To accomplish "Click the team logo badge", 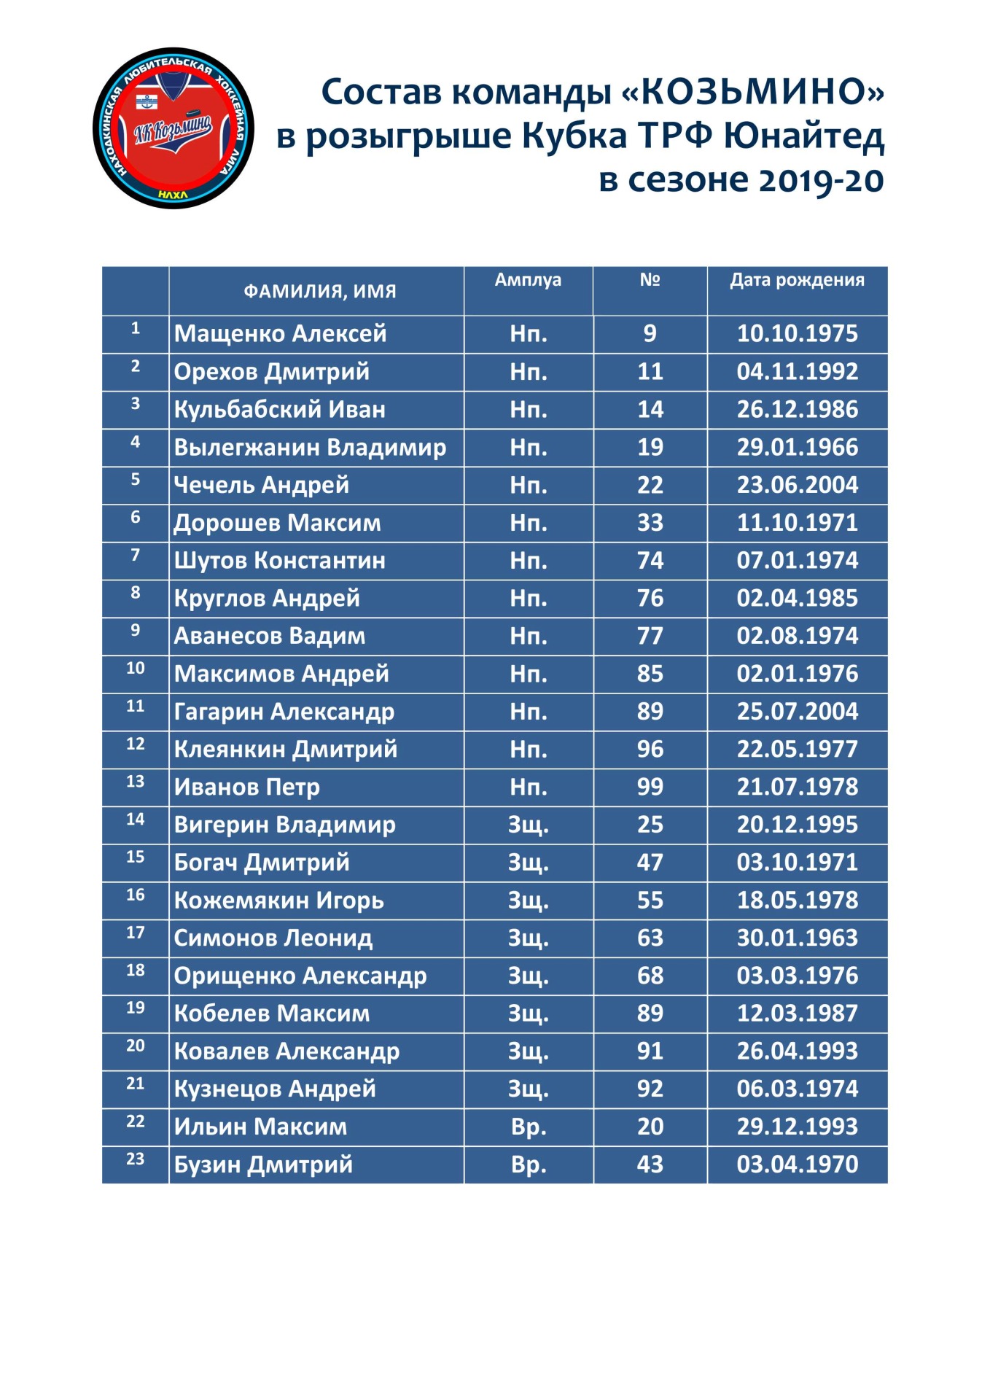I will pyautogui.click(x=174, y=129).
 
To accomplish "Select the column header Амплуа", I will pyautogui.click(x=528, y=281).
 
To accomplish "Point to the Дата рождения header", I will pyautogui.click(x=797, y=281).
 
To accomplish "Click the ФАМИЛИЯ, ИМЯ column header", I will pyautogui.click(x=319, y=292).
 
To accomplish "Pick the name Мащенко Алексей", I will pyautogui.click(x=280, y=334).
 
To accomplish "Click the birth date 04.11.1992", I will pyautogui.click(x=797, y=372).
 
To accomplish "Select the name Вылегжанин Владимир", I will pyautogui.click(x=310, y=448).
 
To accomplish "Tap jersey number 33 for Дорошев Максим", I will pyautogui.click(x=650, y=523).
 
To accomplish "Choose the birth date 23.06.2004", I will pyautogui.click(x=797, y=485).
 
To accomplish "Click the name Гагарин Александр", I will pyautogui.click(x=284, y=712).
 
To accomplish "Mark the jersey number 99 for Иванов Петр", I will pyautogui.click(x=650, y=787).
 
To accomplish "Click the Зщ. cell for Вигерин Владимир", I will pyautogui.click(x=528, y=825).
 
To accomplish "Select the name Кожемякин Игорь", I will pyautogui.click(x=278, y=901).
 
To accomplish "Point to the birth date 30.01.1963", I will pyautogui.click(x=797, y=938).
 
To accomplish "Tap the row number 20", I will pyautogui.click(x=136, y=1046).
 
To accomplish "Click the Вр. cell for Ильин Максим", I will pyautogui.click(x=528, y=1127).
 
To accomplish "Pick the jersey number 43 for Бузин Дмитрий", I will pyautogui.click(x=650, y=1164).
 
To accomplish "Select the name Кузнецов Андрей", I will pyautogui.click(x=275, y=1089).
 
